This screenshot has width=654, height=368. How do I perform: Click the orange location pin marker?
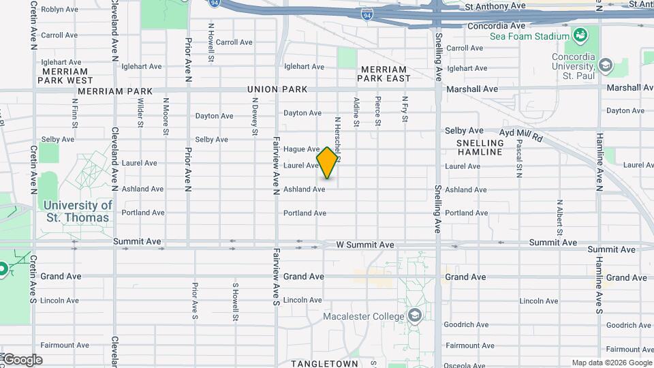(x=328, y=163)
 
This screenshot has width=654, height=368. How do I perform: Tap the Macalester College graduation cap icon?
(x=414, y=315)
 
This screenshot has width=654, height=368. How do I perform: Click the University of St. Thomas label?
(x=78, y=211)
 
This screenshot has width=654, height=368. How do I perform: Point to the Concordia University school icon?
(x=605, y=66)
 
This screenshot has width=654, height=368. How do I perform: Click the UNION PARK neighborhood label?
(x=277, y=89)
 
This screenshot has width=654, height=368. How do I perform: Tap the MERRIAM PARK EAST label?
(x=386, y=74)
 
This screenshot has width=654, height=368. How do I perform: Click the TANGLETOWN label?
(x=324, y=364)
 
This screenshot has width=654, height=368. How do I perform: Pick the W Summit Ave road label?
(x=365, y=245)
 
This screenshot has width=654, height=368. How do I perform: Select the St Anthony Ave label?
(x=495, y=5)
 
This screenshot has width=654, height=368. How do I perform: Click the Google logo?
(x=22, y=360)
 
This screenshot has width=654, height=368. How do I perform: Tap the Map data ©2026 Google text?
(x=611, y=363)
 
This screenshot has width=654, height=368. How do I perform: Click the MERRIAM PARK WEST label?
(x=65, y=76)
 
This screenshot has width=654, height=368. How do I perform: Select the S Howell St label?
(x=235, y=303)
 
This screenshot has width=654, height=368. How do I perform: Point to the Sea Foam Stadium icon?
(x=580, y=35)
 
